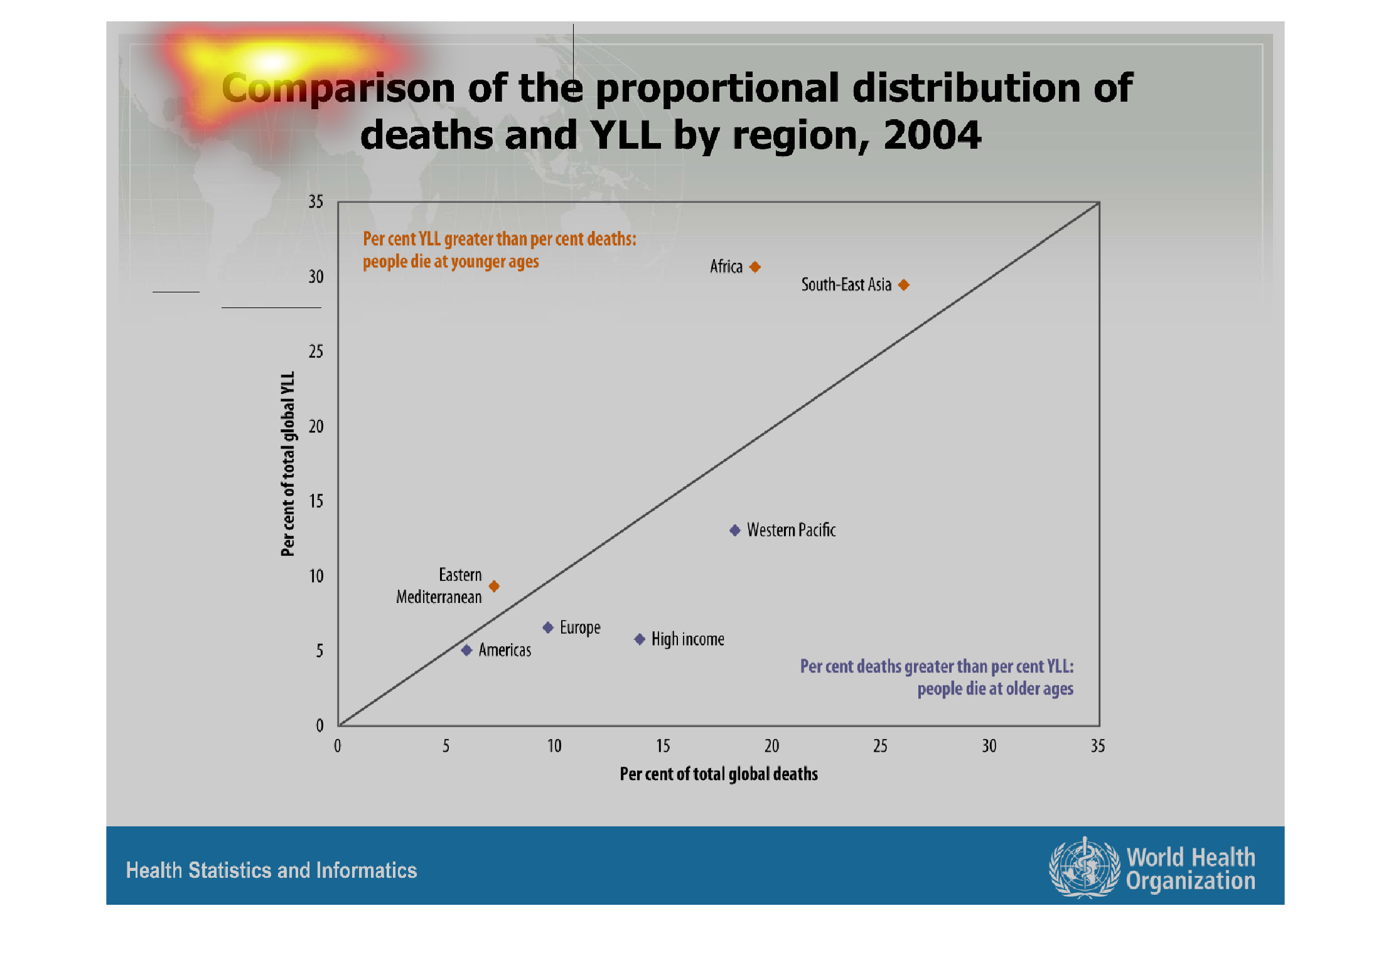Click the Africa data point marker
755,267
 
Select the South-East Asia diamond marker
904,285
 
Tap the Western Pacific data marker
735,530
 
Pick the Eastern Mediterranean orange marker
494,586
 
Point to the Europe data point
548,627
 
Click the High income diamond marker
640,639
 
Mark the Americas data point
466,650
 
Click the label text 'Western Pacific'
791,530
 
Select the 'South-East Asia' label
846,285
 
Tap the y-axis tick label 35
316,201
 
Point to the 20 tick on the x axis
771,746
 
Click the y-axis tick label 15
316,501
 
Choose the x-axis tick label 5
446,746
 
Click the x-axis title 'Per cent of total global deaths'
719,774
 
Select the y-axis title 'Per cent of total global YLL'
287,464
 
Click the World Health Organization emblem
1084,868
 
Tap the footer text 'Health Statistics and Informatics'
271,870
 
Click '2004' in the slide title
932,134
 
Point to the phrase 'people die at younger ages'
451,262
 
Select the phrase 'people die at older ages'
995,689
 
